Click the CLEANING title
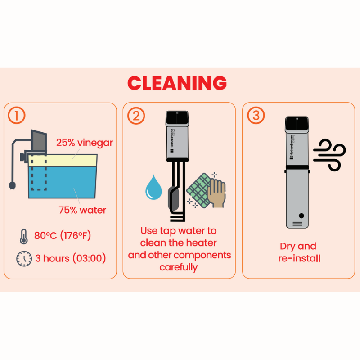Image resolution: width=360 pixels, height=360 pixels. pyautogui.click(x=177, y=83)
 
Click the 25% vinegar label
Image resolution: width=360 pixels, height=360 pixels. pyautogui.click(x=85, y=143)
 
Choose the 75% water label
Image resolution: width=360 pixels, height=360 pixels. pyautogui.click(x=82, y=210)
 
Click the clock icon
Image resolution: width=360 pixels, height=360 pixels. pyautogui.click(x=24, y=259)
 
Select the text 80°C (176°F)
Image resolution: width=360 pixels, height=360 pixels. pyautogui.click(x=63, y=235)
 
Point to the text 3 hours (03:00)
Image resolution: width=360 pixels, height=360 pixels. pyautogui.click(x=71, y=258)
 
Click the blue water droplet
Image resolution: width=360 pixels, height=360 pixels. pyautogui.click(x=153, y=187)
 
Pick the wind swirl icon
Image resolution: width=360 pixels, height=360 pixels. pyautogui.click(x=329, y=155)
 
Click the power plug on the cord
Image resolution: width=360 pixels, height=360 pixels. pyautogui.click(x=12, y=185)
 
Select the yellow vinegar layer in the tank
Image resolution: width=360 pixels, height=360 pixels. pyautogui.click(x=63, y=160)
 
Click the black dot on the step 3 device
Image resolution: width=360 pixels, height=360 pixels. pyautogui.click(x=301, y=216)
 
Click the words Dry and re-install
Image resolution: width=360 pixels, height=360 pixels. pyautogui.click(x=299, y=252)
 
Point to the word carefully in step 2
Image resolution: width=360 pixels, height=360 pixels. pyautogui.click(x=178, y=267)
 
